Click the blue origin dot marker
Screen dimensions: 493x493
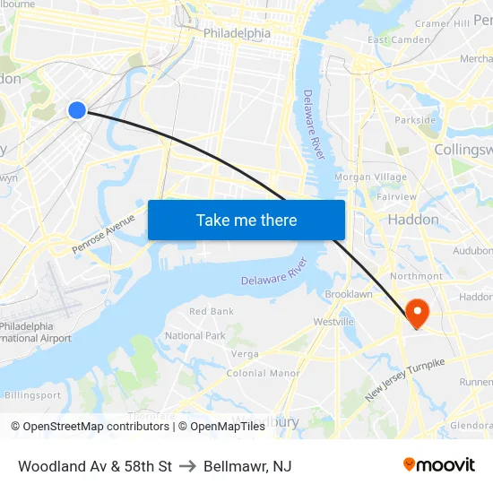77,110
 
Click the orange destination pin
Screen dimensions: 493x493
418,311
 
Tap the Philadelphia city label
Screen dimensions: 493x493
237,33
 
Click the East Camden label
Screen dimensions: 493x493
398,40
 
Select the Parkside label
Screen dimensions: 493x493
415,120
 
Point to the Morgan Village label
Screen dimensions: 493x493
370,177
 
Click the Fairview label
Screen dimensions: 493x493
396,196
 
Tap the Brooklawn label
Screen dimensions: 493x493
349,294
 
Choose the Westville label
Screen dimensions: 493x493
333,322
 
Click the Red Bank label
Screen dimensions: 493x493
212,312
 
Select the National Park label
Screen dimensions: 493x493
195,336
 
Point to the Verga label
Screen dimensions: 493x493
245,353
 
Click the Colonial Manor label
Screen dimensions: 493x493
272,373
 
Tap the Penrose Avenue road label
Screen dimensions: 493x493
103,234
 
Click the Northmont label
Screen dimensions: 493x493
416,276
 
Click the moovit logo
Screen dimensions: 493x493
439,464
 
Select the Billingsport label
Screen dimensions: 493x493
33,394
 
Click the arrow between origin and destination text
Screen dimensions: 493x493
187,466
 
